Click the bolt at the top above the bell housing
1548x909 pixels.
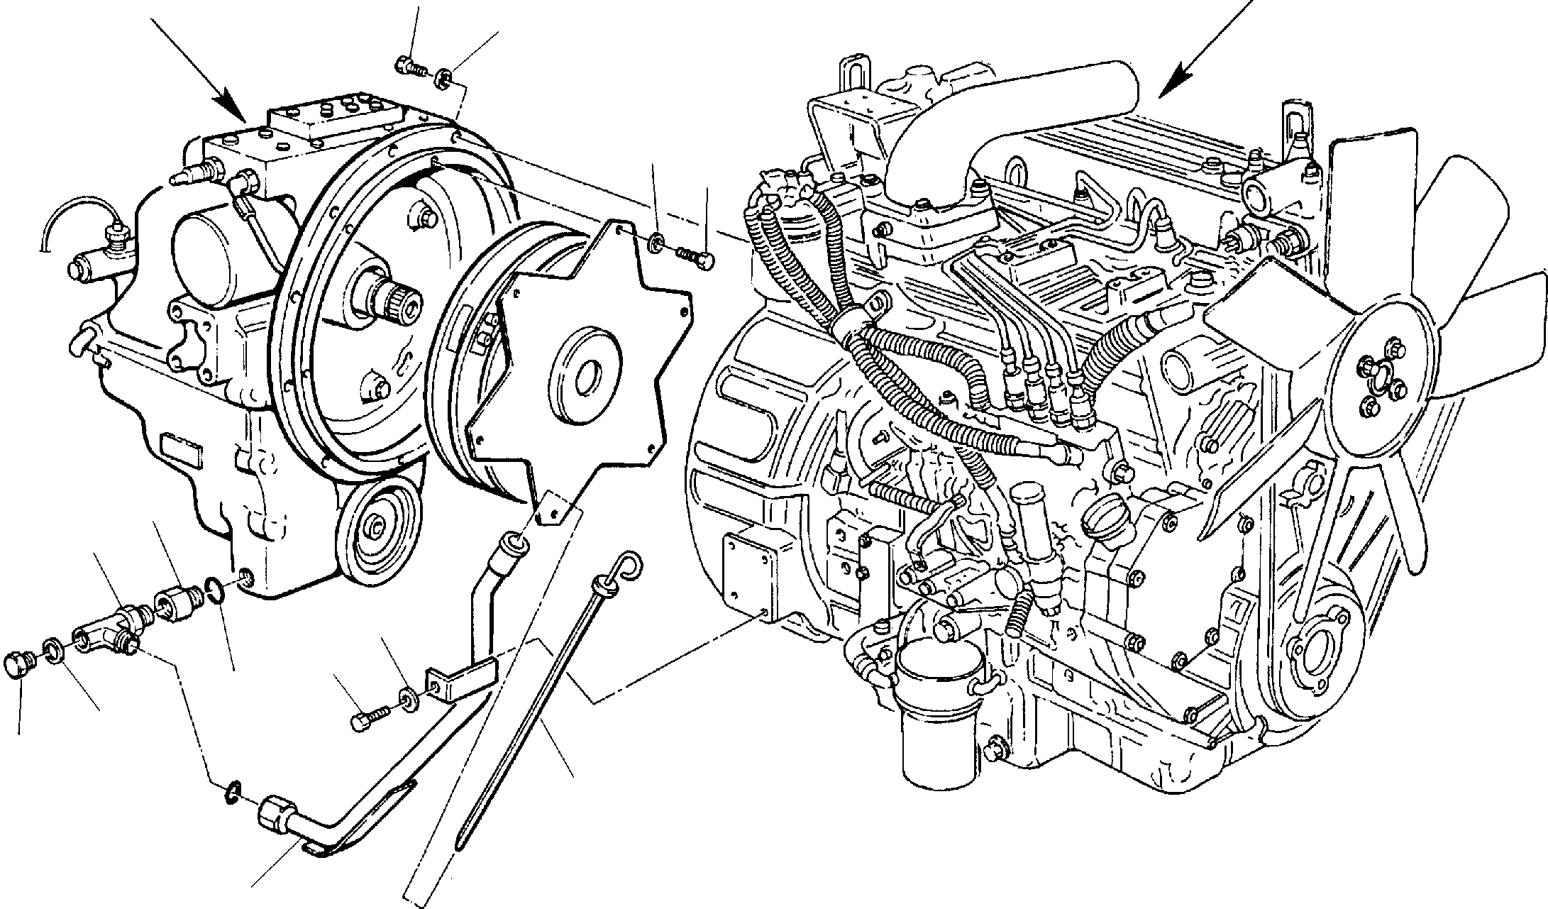tap(410, 66)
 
